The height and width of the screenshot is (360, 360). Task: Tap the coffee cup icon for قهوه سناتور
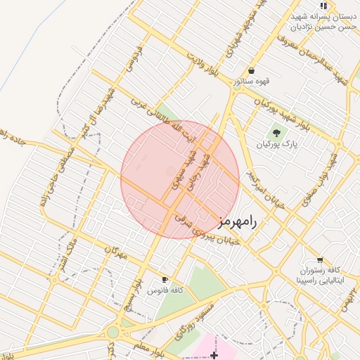coord(252,70)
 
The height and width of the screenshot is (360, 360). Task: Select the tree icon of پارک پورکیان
coord(276,133)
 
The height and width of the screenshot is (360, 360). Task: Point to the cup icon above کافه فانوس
coord(165,279)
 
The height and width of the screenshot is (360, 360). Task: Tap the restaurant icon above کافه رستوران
coord(320,259)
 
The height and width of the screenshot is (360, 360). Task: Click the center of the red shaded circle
coord(180,179)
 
